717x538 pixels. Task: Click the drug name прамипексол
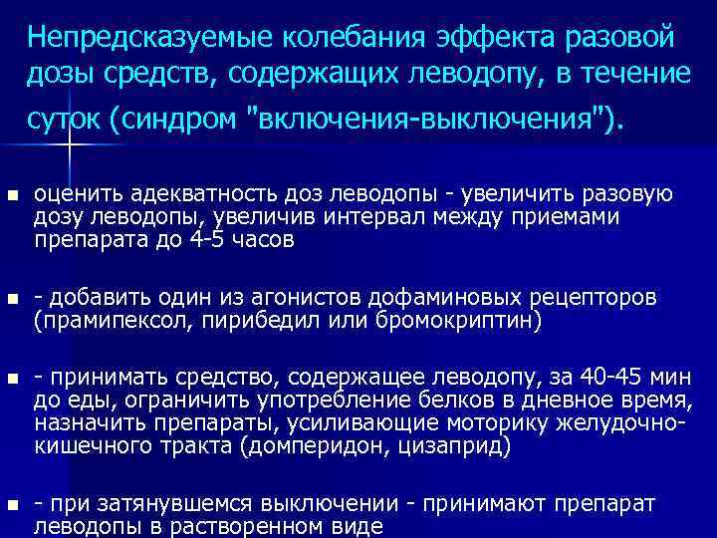tap(100, 321)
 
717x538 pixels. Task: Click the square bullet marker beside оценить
tap(13, 195)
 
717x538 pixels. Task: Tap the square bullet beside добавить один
tap(13, 299)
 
